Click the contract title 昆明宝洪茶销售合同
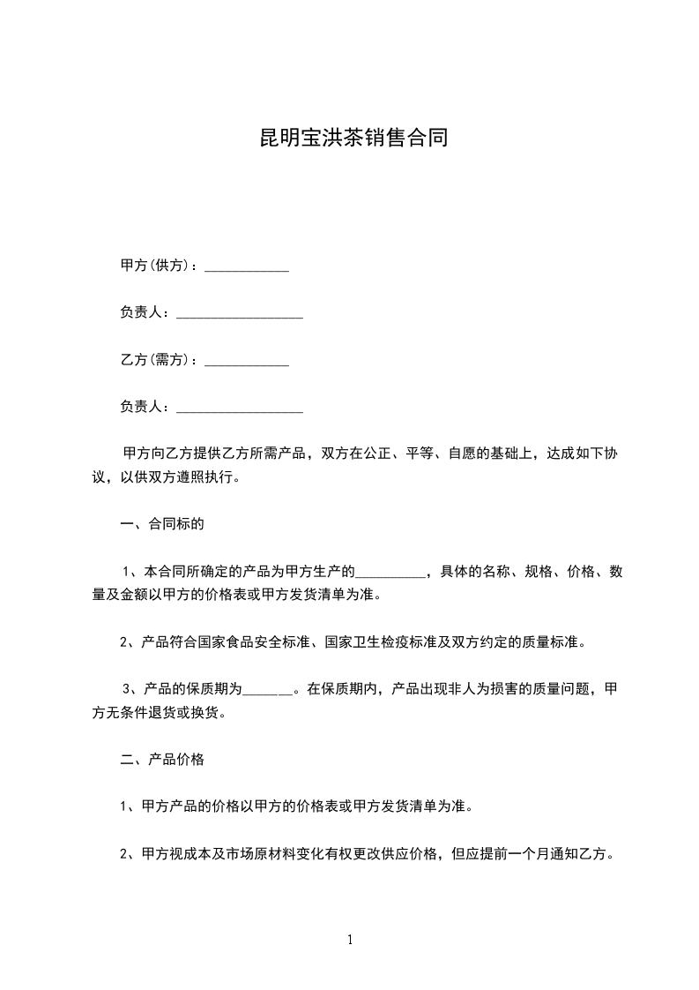coord(349,139)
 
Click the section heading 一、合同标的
coord(162,524)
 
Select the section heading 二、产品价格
coord(162,759)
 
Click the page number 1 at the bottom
coord(350,940)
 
